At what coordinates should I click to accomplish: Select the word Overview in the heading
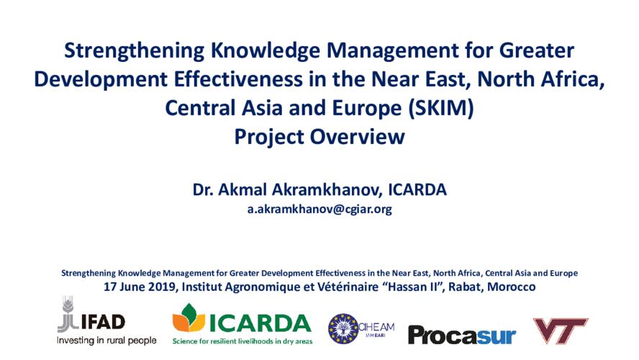[x=358, y=137]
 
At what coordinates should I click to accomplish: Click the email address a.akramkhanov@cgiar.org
[x=319, y=209]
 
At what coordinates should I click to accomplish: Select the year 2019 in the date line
[x=162, y=287]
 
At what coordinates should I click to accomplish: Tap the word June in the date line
[x=131, y=287]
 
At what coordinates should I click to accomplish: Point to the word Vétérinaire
[x=347, y=287]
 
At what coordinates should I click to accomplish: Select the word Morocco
[x=512, y=287]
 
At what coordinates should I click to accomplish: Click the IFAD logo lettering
[x=103, y=322]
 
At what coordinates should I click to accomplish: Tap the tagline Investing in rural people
[x=106, y=341]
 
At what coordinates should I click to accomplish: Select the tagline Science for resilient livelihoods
[x=243, y=341]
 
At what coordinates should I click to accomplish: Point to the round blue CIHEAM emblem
[x=343, y=328]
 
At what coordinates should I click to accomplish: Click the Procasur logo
[x=462, y=336]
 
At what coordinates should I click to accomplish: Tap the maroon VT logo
[x=561, y=330]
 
